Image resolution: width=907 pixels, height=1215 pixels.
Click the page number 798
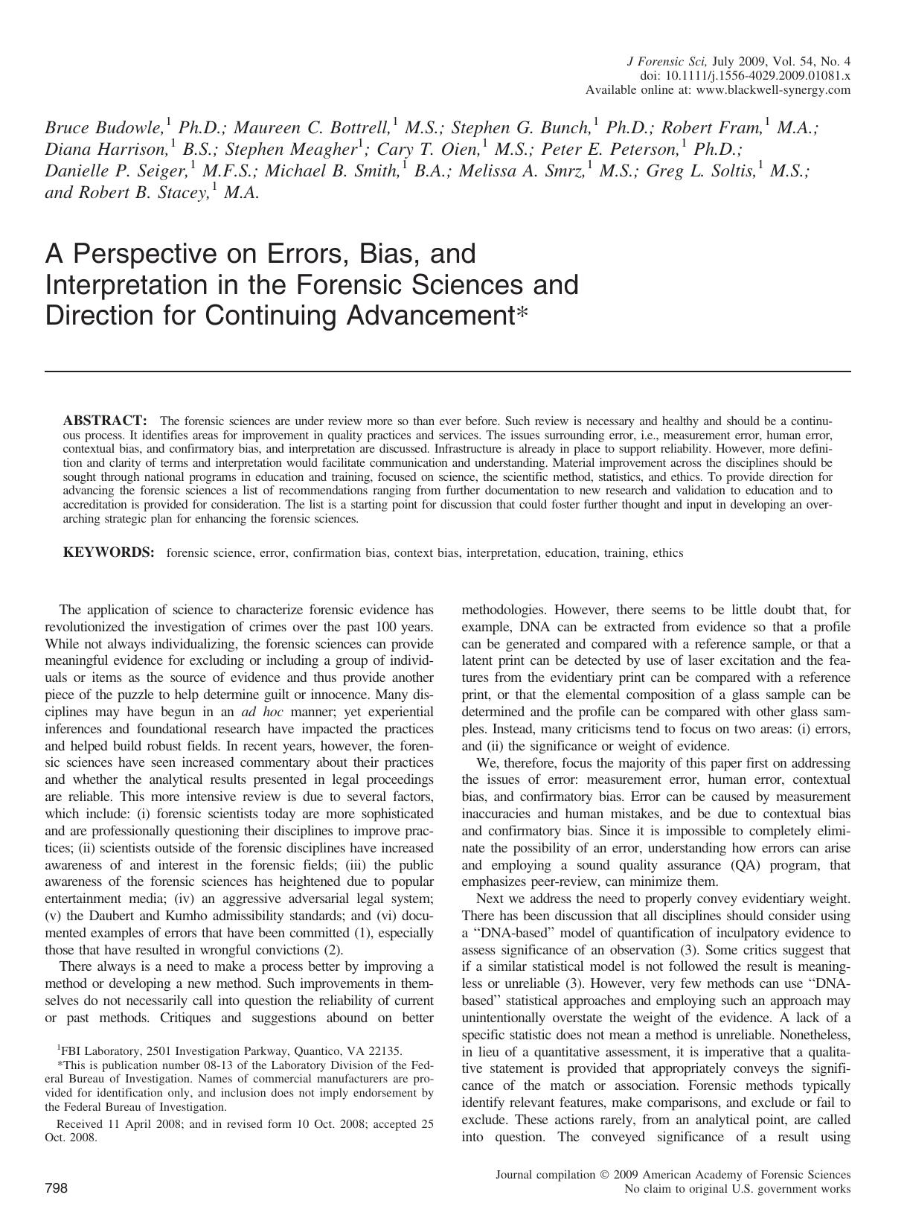tap(57, 1189)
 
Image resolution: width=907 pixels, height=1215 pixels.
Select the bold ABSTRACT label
tap(104, 421)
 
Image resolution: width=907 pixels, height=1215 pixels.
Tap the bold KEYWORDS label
tap(109, 552)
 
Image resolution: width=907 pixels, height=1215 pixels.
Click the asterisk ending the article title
tap(522, 312)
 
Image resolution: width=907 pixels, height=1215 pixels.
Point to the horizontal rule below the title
tap(447, 371)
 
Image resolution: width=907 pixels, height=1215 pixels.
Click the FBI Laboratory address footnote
tap(231, 1051)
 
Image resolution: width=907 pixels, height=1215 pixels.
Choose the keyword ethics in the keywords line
tap(667, 552)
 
